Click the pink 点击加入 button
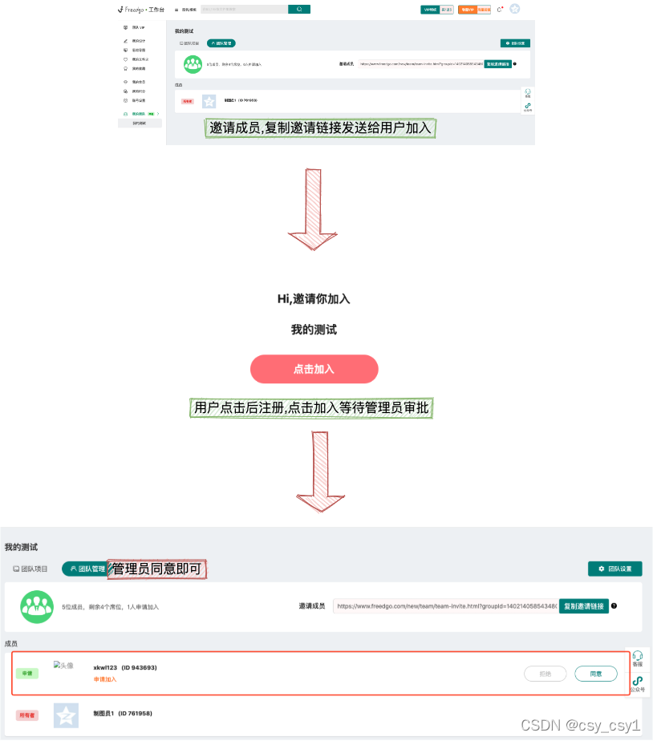coord(314,369)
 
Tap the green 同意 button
coord(595,674)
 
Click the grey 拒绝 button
coord(546,674)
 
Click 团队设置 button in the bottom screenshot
coord(615,569)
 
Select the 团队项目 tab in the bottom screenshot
coord(30,569)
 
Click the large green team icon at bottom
coord(36,607)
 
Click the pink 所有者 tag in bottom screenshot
coord(27,715)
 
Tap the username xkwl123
coord(105,667)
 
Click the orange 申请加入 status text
coord(105,679)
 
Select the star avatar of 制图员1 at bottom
coord(66,715)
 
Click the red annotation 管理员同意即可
coord(156,569)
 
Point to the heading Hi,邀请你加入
coord(314,298)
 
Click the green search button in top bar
coord(299,9)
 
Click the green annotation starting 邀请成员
coord(320,128)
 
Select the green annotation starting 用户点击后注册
coord(312,407)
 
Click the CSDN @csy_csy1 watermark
coord(580,725)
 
